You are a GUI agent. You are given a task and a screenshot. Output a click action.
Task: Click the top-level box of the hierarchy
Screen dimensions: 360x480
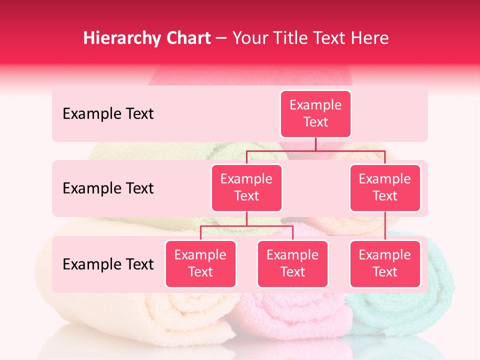tap(315, 113)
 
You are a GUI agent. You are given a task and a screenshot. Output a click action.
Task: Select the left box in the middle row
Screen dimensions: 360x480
tap(246, 187)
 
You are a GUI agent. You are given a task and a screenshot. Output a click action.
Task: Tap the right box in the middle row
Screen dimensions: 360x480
tap(385, 187)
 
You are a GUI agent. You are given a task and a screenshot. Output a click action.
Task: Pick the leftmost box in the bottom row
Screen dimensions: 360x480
tap(200, 263)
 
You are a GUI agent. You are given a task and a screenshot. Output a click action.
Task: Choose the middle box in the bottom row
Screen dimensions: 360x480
tap(292, 263)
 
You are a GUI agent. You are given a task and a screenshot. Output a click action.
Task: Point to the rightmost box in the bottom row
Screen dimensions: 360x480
tap(385, 263)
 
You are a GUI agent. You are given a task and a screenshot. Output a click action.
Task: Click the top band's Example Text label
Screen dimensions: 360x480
tap(108, 114)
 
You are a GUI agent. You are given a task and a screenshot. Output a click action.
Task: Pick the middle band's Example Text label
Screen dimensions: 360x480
tap(108, 188)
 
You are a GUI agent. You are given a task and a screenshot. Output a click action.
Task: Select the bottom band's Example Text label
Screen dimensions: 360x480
tap(108, 264)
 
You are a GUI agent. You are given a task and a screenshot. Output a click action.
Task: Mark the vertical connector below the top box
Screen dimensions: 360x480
tap(315, 144)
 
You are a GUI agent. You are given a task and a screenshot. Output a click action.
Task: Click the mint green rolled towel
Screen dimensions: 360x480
tap(400, 315)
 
